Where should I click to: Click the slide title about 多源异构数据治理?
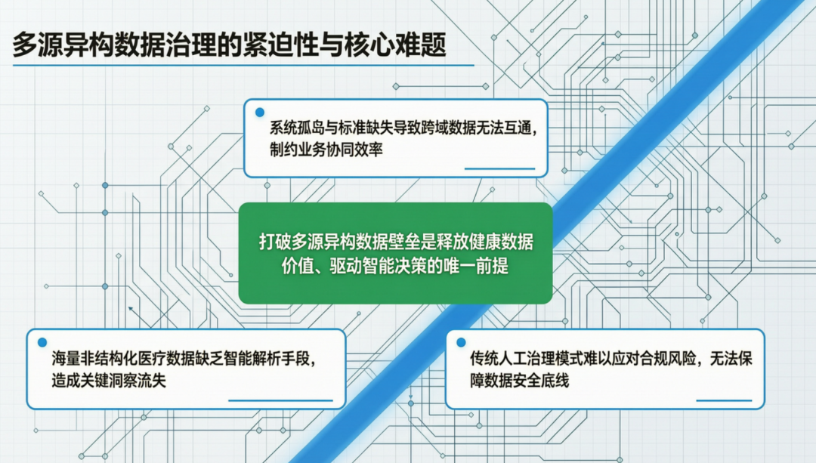coord(230,45)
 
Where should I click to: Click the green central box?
coord(395,253)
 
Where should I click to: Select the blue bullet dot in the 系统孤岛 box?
coord(260,113)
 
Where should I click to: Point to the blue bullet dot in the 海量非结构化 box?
coord(42,342)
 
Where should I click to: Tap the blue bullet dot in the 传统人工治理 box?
coord(461,342)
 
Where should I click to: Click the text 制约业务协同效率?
coord(326,150)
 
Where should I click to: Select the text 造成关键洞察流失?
coord(109,380)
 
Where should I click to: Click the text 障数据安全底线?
coord(519,380)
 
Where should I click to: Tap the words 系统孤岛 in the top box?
coord(297,128)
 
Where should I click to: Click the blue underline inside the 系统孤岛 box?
coord(499,168)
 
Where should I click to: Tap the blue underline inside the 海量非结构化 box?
coord(280,400)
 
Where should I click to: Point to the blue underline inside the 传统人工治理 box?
coord(724,400)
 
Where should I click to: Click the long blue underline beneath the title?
coord(243,66)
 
